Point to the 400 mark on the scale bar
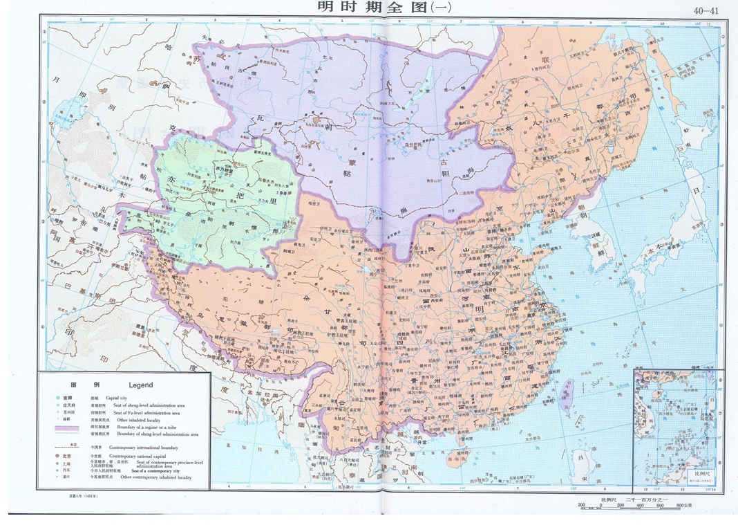(640, 506)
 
